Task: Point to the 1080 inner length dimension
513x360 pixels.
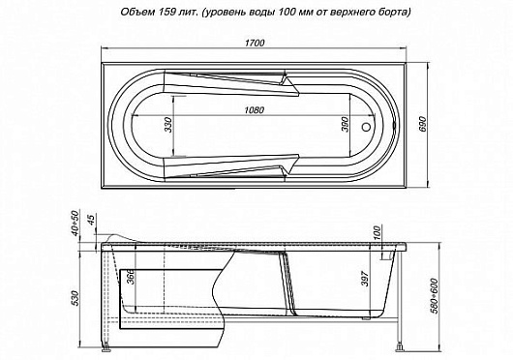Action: pyautogui.click(x=254, y=108)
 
